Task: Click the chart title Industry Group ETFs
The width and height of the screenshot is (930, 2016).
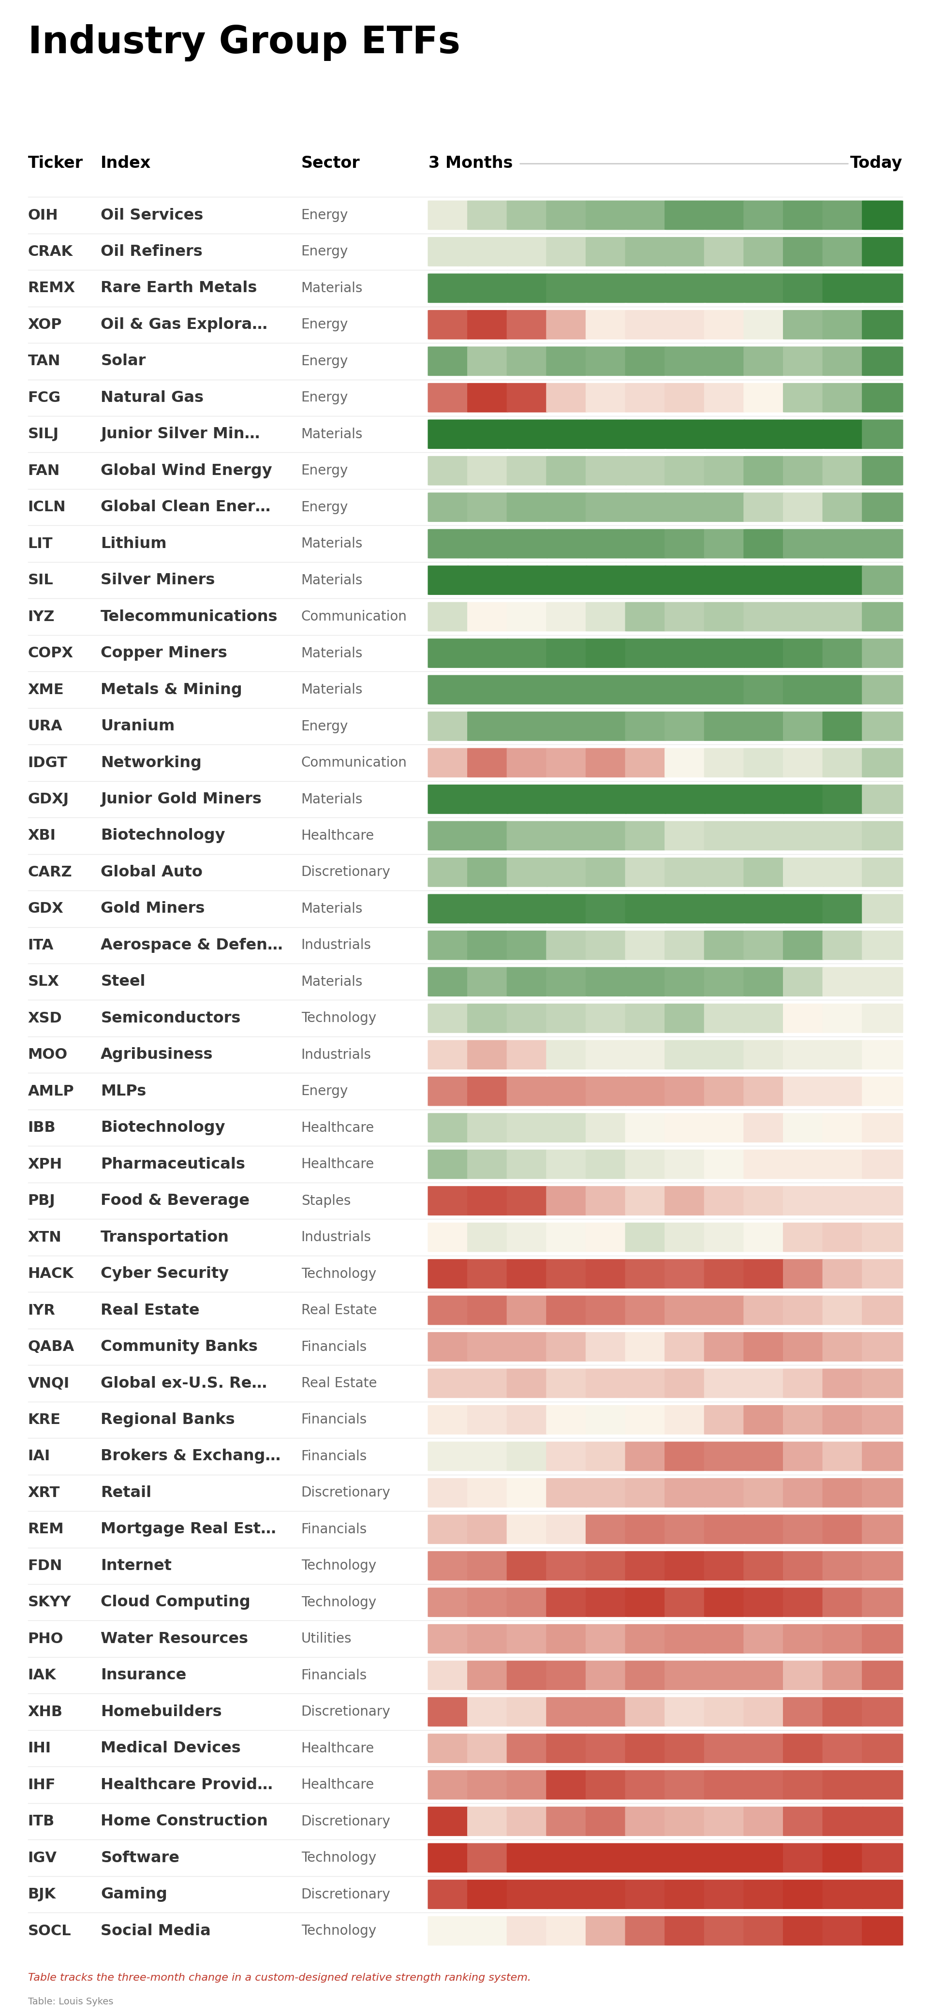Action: [243, 41]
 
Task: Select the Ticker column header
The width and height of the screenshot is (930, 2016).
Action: [55, 162]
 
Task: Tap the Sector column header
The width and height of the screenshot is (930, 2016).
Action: [329, 162]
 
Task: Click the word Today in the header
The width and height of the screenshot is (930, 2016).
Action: [875, 162]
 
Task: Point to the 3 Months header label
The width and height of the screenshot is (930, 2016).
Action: [470, 162]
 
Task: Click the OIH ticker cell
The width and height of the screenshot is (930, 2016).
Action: [42, 214]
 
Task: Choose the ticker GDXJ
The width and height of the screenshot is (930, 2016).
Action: [48, 798]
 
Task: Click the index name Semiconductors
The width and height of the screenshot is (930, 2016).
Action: [170, 1017]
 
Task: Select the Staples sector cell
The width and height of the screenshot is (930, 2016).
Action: [325, 1200]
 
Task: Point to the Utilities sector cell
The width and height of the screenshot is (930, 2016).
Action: [325, 1638]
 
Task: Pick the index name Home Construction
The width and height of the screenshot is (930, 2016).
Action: [184, 1820]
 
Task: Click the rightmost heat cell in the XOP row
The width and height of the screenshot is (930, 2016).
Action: [882, 324]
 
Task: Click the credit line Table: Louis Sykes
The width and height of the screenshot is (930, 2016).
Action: [71, 2001]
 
